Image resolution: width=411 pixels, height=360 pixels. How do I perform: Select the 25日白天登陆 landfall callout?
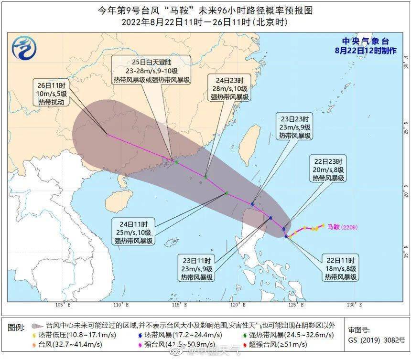pos(151,70)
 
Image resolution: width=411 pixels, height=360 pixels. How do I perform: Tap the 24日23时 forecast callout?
pos(230,88)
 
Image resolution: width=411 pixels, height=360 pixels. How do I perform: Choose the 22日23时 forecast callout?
pos(329,169)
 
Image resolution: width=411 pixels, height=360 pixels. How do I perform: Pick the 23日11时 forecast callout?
pos(197,269)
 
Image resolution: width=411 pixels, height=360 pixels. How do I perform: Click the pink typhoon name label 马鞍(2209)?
pos(342,227)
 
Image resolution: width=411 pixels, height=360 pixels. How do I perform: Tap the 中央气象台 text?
pos(366,42)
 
